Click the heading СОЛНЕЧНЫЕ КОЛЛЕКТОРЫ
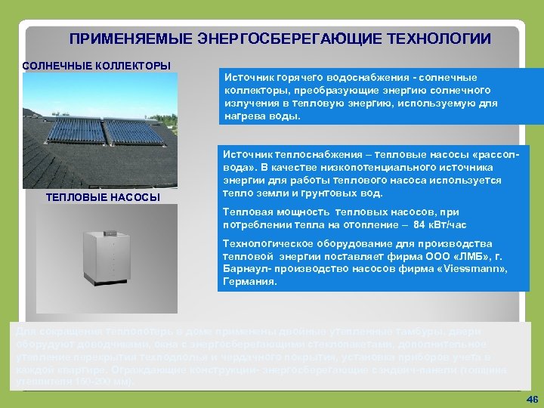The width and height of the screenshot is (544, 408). [96, 66]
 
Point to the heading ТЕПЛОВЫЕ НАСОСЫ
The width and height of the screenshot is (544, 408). [104, 197]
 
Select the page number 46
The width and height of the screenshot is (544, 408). [530, 398]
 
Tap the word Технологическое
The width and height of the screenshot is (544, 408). [266, 243]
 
